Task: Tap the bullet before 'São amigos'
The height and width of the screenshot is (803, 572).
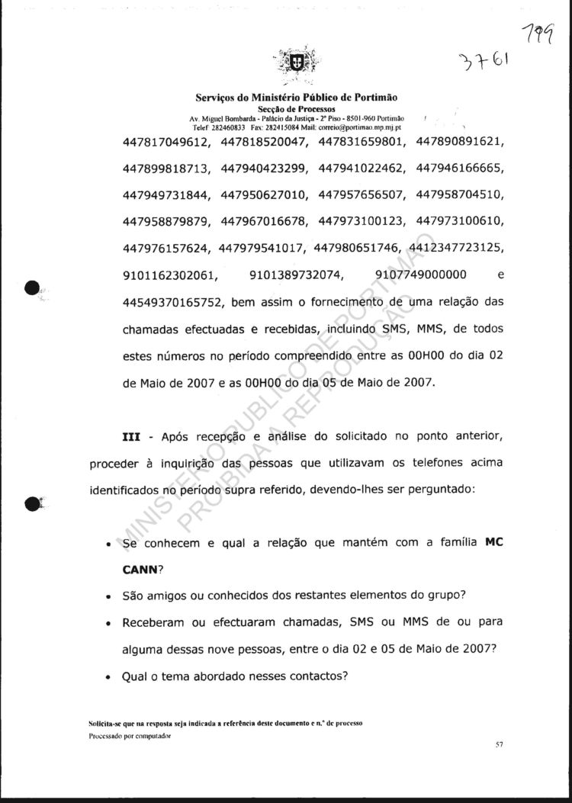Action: pos(111,596)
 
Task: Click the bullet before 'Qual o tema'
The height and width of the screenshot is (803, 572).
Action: pos(111,676)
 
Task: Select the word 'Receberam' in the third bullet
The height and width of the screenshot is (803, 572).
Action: pos(152,622)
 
